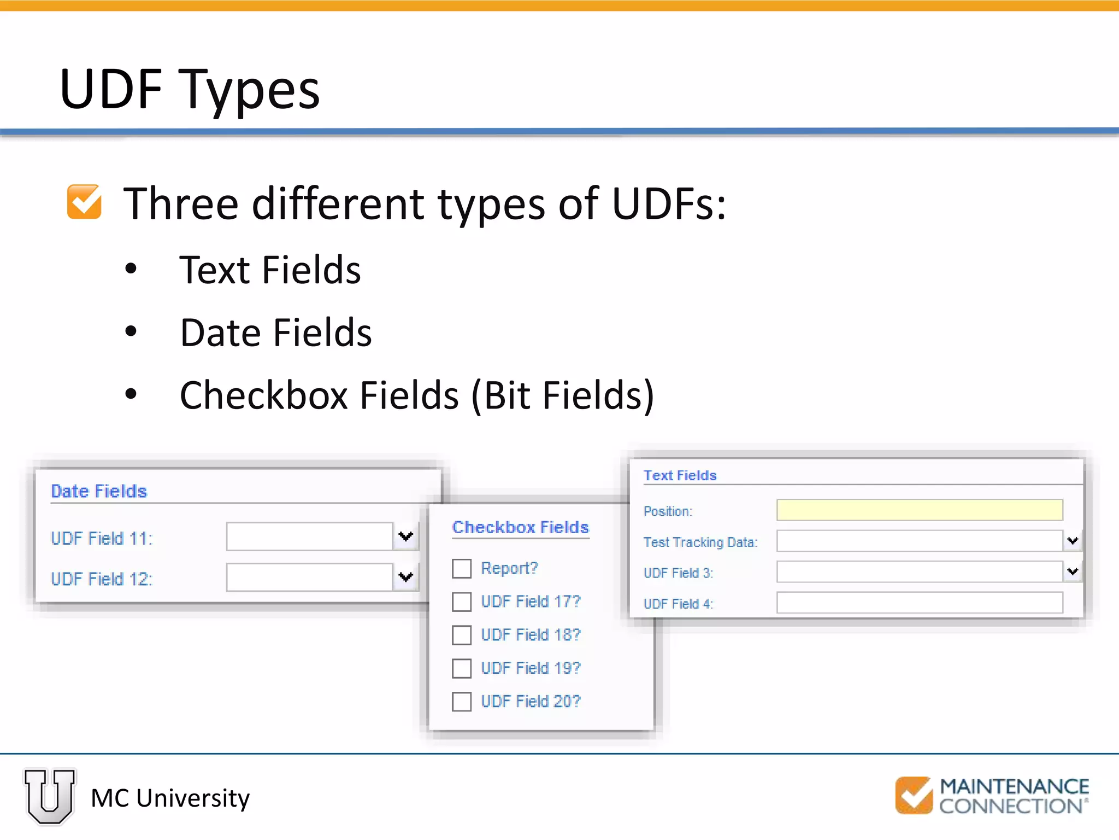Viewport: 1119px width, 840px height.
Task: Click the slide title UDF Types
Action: [x=190, y=89]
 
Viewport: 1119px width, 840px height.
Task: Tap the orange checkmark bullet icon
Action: [x=84, y=202]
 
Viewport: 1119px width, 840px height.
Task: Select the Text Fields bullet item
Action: [x=270, y=270]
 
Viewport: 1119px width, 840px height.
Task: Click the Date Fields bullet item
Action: [x=276, y=332]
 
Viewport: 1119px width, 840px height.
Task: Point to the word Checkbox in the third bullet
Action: [x=264, y=395]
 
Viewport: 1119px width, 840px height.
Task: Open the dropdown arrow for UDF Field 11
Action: [x=405, y=536]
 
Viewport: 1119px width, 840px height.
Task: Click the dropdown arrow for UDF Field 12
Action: [x=405, y=577]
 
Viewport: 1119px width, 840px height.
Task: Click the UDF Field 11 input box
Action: [x=309, y=536]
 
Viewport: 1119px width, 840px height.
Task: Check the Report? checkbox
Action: [x=462, y=568]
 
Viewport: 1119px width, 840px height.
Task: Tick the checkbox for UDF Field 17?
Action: [x=462, y=602]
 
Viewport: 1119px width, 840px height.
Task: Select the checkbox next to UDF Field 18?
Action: [x=462, y=635]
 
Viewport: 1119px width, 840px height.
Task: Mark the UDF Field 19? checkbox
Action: [x=462, y=668]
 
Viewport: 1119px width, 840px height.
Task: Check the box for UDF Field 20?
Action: [x=462, y=702]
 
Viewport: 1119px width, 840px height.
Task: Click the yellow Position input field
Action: [x=920, y=510]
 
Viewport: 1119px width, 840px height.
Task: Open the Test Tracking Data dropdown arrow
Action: [x=1073, y=541]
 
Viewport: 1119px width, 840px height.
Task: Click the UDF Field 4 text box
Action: [x=920, y=603]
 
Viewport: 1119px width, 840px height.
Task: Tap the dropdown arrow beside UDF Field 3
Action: [x=1073, y=572]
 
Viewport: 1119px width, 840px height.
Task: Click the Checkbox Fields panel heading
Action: [x=520, y=527]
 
